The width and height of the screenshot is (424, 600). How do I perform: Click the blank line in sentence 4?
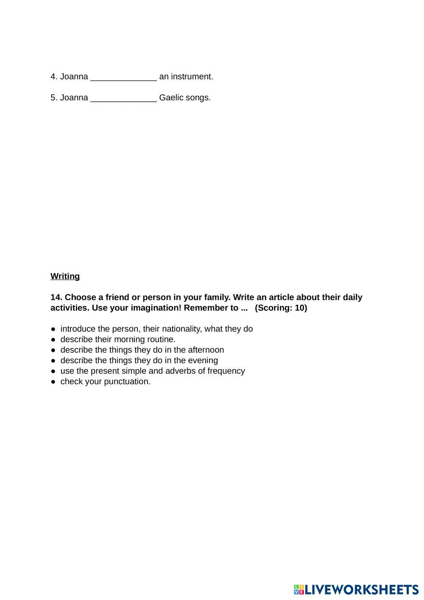tap(123, 78)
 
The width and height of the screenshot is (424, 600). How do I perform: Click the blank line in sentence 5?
tap(123, 98)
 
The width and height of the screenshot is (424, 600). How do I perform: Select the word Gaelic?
tap(171, 98)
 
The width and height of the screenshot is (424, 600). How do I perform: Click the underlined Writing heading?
tap(65, 276)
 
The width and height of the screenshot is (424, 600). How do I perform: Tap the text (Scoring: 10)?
tap(281, 308)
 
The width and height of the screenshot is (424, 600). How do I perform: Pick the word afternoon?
tap(205, 350)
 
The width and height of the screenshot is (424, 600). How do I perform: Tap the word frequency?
tap(226, 371)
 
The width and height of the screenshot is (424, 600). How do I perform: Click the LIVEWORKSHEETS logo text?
tap(362, 590)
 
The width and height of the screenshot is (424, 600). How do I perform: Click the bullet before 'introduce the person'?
tap(53, 329)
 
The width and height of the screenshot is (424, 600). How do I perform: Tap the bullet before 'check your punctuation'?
tap(53, 381)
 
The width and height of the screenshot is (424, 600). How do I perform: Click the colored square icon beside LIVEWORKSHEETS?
tap(299, 590)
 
